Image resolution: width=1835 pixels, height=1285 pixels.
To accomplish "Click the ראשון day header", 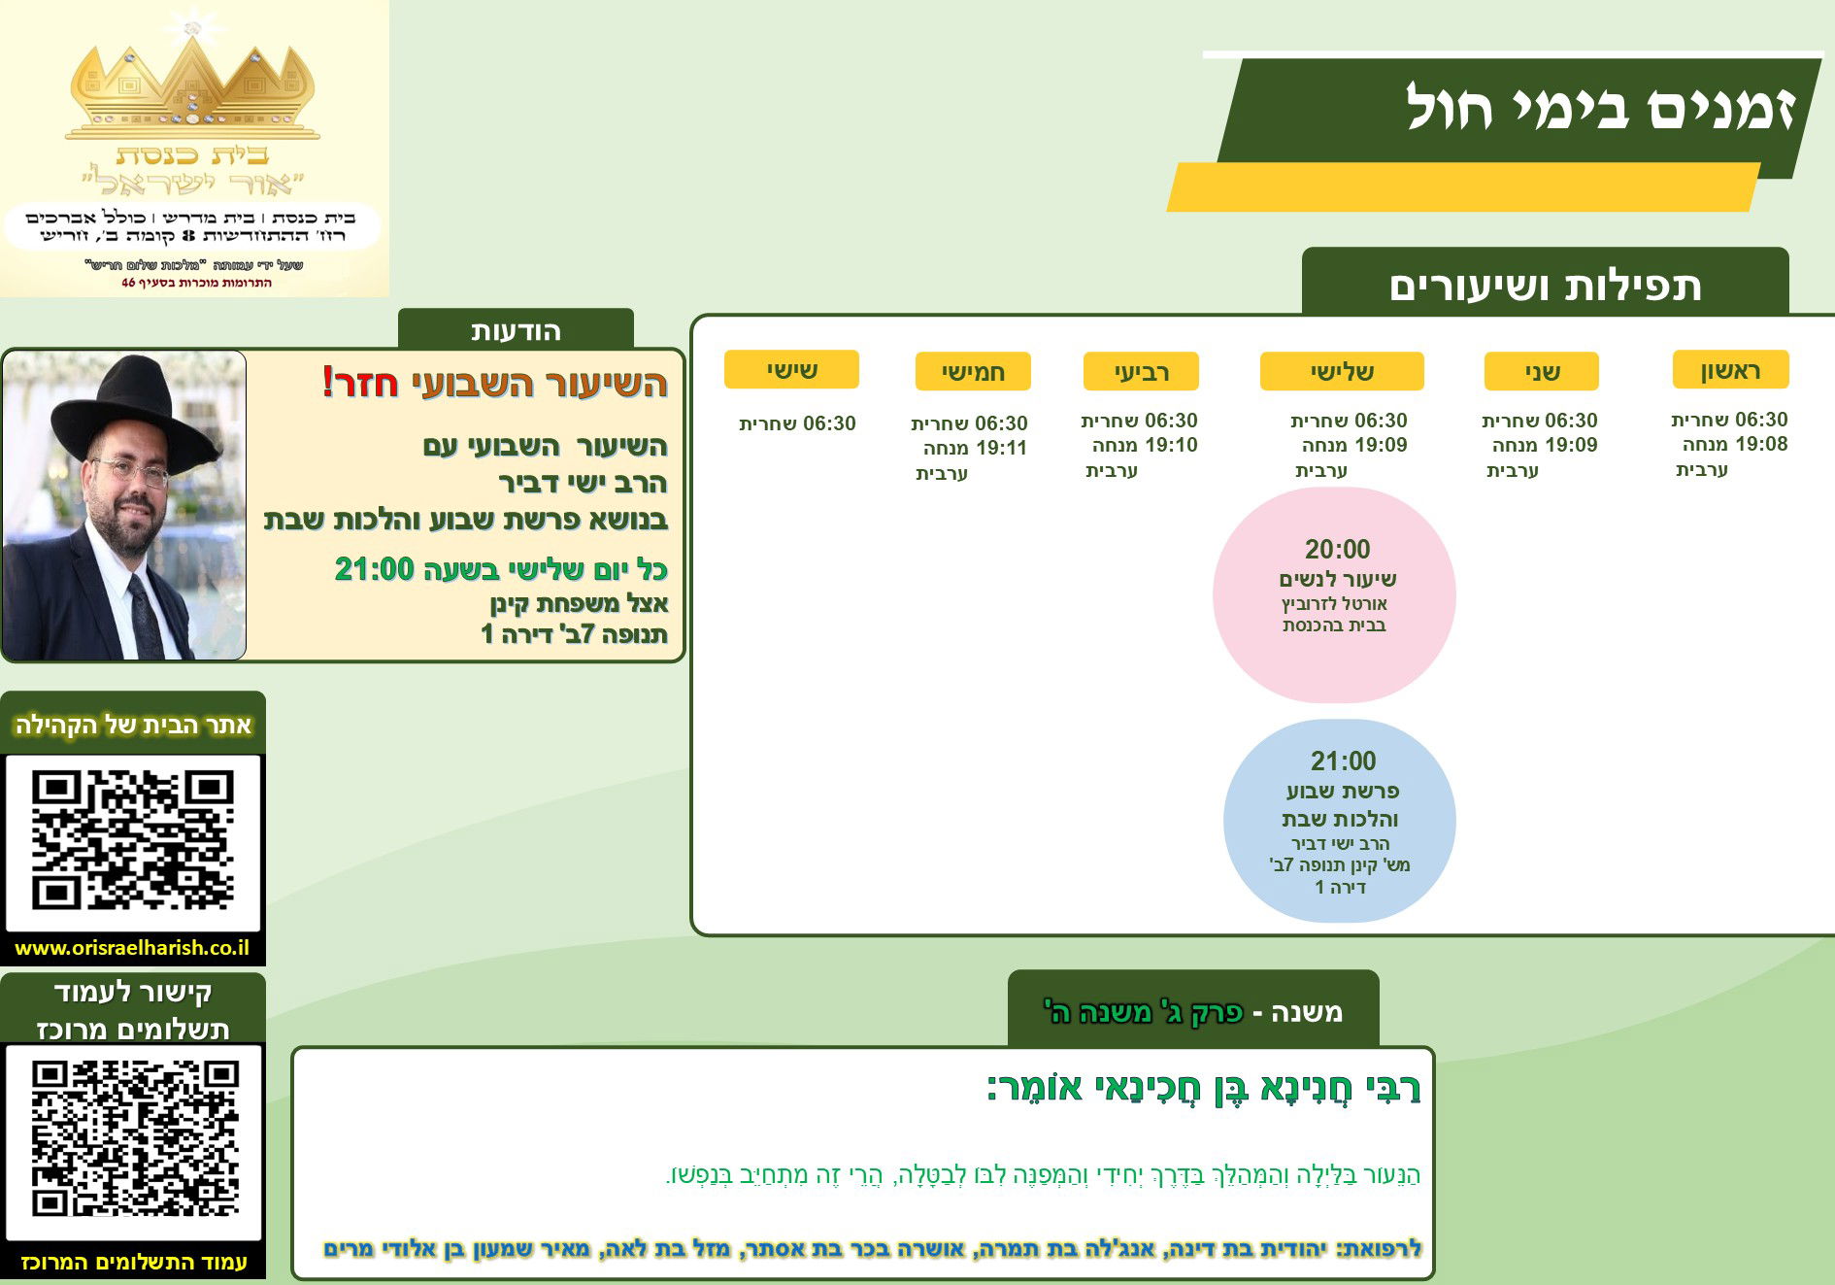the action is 1730,370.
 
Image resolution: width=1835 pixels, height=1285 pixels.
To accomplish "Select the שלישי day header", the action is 1342,371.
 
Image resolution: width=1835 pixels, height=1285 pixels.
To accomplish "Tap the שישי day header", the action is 791,369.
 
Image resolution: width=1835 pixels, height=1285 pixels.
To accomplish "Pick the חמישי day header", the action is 973,371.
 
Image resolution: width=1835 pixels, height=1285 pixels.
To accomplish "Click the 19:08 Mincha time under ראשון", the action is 1761,444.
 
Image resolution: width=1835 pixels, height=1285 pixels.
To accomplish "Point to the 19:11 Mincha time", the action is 1000,448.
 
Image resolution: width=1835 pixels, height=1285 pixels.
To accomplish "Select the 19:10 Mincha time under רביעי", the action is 1171,445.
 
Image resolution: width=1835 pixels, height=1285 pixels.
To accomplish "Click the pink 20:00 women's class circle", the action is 1334,594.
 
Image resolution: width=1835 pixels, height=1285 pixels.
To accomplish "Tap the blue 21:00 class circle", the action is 1340,821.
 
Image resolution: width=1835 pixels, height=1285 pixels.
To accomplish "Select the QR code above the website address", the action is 133,840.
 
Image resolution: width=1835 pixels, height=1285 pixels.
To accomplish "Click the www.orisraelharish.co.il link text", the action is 132,948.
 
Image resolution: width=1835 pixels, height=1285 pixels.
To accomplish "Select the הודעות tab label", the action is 516,331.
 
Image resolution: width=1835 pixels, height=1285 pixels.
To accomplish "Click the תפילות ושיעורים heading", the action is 1545,287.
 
